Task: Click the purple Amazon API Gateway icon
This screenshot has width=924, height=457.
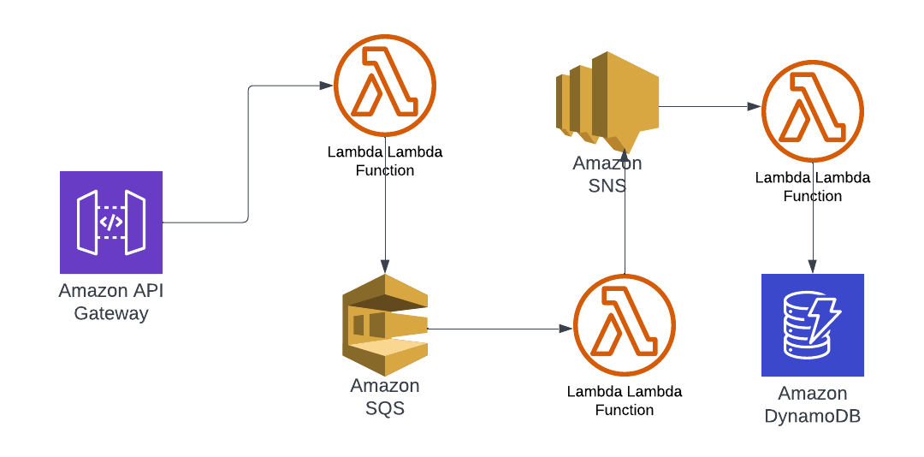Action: pyautogui.click(x=111, y=223)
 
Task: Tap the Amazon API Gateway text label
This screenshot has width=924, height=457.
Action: pyautogui.click(x=111, y=302)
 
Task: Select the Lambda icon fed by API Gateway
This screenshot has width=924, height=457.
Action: pyautogui.click(x=385, y=86)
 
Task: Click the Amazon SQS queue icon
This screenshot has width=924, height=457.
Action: pyautogui.click(x=385, y=325)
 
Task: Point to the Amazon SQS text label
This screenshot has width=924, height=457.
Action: pyautogui.click(x=385, y=397)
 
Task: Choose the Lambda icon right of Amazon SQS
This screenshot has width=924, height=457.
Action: pyautogui.click(x=625, y=325)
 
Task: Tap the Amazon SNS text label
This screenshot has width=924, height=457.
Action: pyautogui.click(x=607, y=174)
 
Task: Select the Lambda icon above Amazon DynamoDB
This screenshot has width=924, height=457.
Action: pyautogui.click(x=813, y=110)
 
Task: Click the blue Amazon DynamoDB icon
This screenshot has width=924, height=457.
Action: pyautogui.click(x=813, y=325)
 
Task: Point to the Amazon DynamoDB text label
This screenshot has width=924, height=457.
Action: pyautogui.click(x=813, y=405)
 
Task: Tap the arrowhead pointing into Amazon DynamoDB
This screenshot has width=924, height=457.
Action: pyautogui.click(x=813, y=267)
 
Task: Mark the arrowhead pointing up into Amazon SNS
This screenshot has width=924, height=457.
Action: pyautogui.click(x=625, y=154)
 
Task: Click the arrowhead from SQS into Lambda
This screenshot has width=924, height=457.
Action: pyautogui.click(x=566, y=329)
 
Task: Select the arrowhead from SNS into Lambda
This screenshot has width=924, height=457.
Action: pyautogui.click(x=754, y=107)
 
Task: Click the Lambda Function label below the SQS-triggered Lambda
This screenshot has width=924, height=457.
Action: pyautogui.click(x=625, y=401)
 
